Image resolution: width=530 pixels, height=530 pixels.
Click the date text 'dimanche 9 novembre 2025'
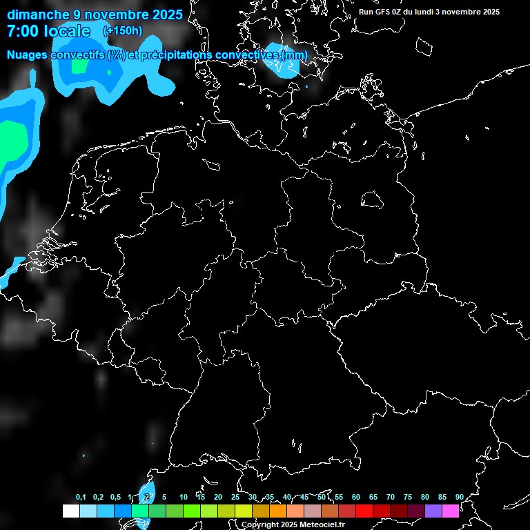(x=95, y=14)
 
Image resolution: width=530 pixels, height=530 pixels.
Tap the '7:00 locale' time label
(x=48, y=31)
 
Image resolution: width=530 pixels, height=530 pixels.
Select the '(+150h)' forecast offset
(x=122, y=30)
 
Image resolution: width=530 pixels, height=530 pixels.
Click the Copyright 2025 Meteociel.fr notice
(x=293, y=524)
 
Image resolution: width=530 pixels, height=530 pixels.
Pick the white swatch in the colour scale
(x=70, y=511)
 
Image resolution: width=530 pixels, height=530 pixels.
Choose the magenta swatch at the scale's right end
(x=450, y=511)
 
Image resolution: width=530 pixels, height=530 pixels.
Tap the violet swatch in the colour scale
(x=433, y=511)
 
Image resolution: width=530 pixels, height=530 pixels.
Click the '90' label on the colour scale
(x=459, y=497)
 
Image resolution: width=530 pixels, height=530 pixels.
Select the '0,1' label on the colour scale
(x=81, y=497)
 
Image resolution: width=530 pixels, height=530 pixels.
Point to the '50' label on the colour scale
(x=322, y=497)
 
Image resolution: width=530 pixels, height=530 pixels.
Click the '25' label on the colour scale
(x=235, y=497)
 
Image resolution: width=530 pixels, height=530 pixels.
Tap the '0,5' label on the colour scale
(x=115, y=497)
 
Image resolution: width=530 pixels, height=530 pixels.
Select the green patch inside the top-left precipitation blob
(x=80, y=66)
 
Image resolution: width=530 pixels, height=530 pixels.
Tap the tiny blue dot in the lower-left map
(x=84, y=456)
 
